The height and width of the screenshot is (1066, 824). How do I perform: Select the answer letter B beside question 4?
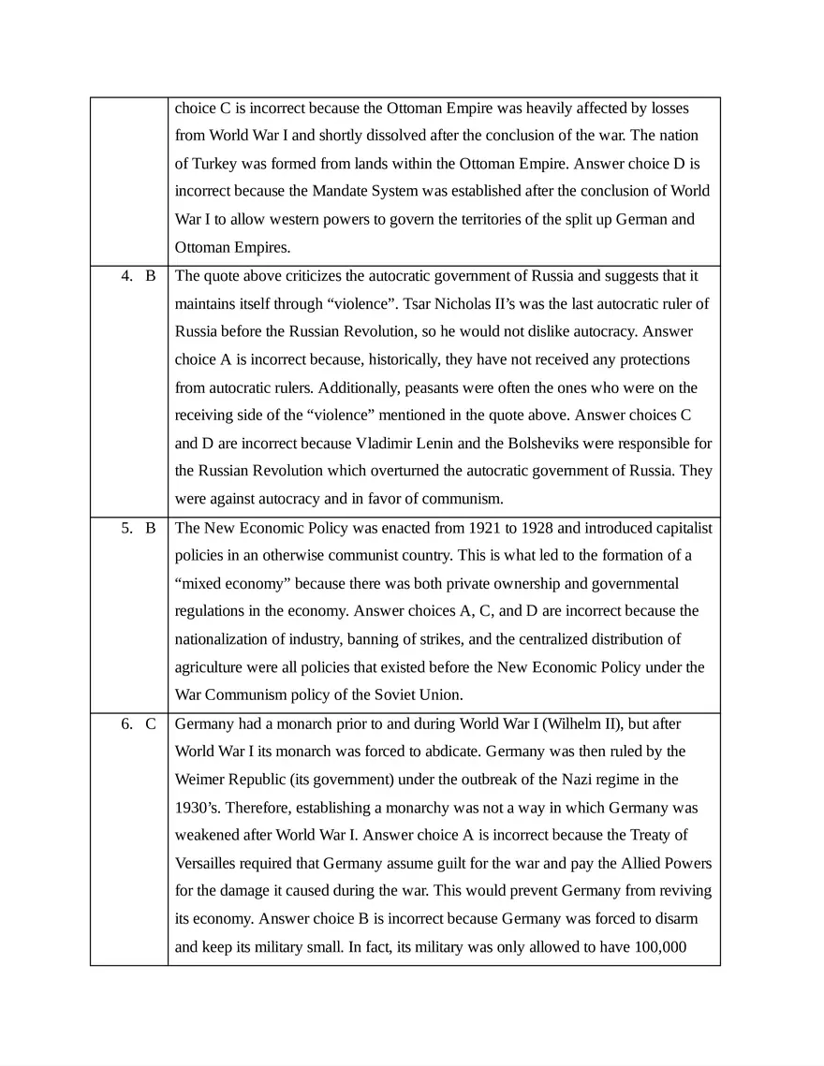coord(150,276)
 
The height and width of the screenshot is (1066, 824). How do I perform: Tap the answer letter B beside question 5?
coord(150,529)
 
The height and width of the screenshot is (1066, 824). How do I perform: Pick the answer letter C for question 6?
coord(150,723)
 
